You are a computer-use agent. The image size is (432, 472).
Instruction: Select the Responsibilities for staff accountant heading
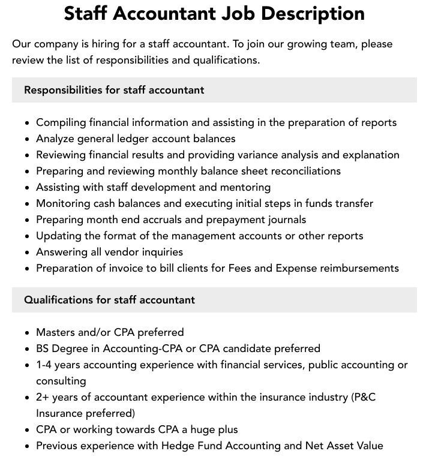[114, 90]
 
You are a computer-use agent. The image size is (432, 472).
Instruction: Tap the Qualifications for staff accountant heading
[109, 300]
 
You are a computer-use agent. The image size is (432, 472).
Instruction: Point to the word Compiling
[61, 122]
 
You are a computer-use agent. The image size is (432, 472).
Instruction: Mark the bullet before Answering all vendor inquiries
[28, 252]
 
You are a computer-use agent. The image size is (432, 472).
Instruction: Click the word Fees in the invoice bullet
[240, 268]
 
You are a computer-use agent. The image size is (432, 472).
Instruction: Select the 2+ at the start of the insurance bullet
[43, 397]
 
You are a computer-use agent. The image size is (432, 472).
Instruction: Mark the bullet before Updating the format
[28, 236]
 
